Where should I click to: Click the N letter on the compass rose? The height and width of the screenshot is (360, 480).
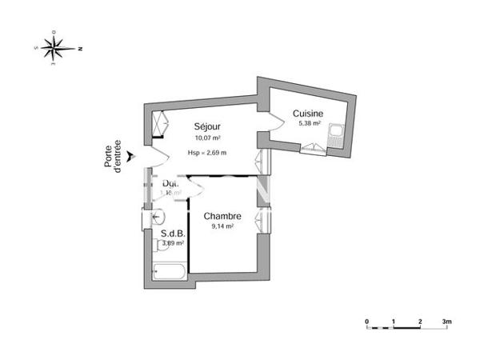pyautogui.click(x=80, y=49)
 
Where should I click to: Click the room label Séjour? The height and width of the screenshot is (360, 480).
pyautogui.click(x=207, y=126)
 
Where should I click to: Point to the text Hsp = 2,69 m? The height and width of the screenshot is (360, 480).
pyautogui.click(x=207, y=153)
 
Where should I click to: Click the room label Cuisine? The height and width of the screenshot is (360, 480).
pyautogui.click(x=308, y=113)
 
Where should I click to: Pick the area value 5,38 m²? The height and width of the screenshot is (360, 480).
pyautogui.click(x=309, y=124)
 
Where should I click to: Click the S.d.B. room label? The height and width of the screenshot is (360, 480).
pyautogui.click(x=163, y=234)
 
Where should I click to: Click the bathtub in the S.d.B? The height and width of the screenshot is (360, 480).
pyautogui.click(x=170, y=271)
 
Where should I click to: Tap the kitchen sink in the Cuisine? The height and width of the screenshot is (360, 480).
pyautogui.click(x=337, y=135)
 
